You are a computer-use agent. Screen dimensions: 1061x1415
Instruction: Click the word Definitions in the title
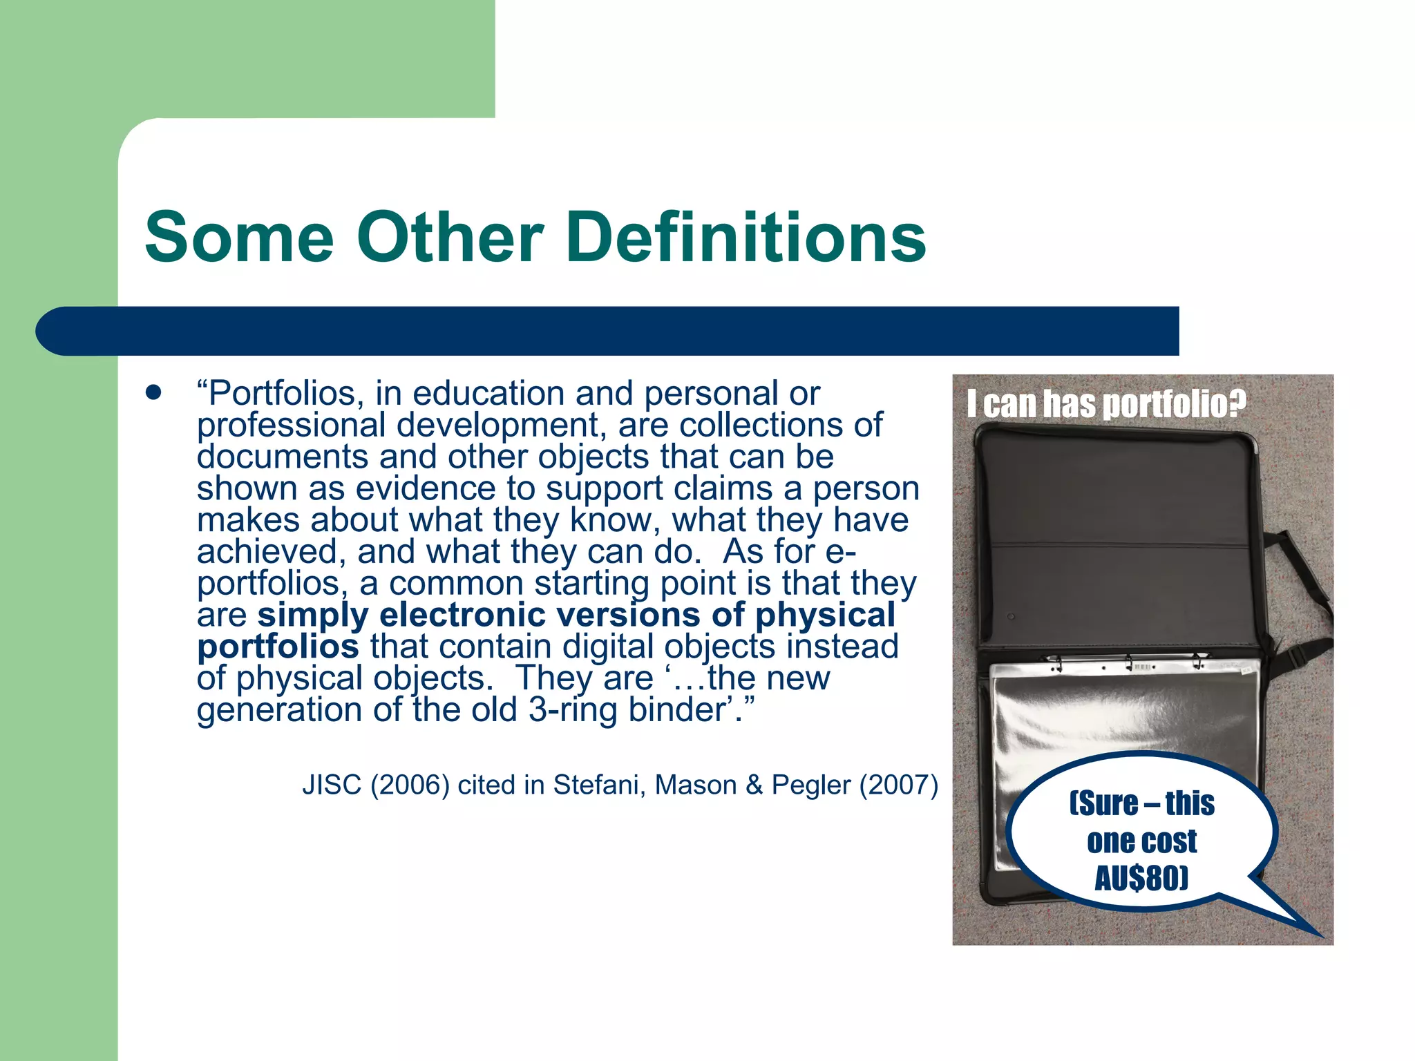tap(746, 238)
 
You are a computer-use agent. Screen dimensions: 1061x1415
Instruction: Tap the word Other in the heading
tap(450, 238)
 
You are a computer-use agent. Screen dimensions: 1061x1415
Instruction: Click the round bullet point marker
tap(153, 393)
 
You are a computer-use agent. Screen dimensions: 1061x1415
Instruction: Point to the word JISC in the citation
tap(332, 785)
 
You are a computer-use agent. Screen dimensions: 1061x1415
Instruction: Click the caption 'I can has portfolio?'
tap(1106, 404)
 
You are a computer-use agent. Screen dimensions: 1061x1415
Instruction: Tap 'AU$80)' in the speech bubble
tap(1141, 878)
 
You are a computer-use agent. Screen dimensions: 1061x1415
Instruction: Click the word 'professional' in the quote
tap(291, 425)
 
